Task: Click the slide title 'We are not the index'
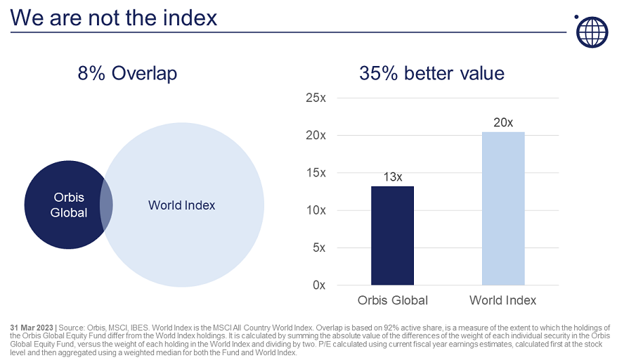[x=114, y=17]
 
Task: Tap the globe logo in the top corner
[x=590, y=32]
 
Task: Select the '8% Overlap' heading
[x=127, y=73]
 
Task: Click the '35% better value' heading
[x=431, y=73]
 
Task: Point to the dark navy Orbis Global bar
[x=392, y=236]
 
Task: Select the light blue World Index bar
[x=503, y=208]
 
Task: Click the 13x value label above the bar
[x=392, y=176]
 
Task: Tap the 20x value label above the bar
[x=503, y=122]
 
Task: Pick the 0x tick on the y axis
[x=318, y=285]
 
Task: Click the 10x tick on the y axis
[x=316, y=210]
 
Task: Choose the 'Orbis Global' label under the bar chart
[x=392, y=300]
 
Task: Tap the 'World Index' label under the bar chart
[x=503, y=300]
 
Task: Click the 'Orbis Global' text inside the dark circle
[x=69, y=205]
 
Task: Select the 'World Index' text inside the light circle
[x=181, y=205]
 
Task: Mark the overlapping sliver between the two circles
[x=107, y=205]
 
